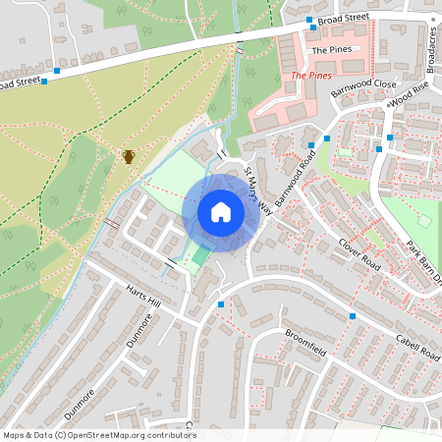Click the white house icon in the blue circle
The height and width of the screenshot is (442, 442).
221,212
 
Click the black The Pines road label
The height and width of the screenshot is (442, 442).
330,49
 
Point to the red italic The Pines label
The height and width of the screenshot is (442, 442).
311,75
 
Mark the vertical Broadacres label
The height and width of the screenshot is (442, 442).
433,49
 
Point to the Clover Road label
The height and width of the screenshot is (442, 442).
359,252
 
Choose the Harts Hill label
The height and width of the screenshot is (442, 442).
147,300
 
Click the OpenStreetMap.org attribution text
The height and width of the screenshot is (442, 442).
99,435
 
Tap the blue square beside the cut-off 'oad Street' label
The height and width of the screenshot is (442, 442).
57,71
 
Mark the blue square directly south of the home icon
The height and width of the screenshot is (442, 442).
220,304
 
